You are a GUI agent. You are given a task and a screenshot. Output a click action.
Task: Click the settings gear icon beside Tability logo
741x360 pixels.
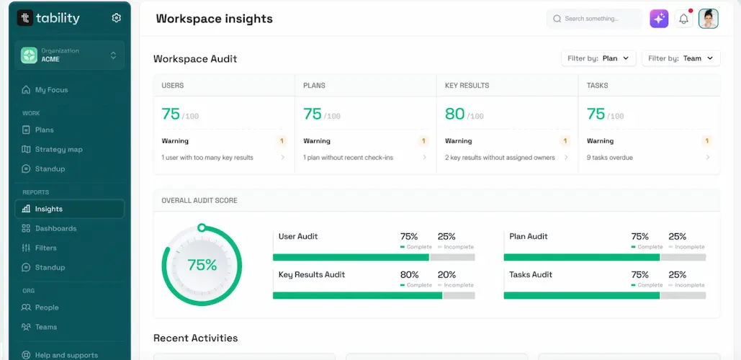[x=117, y=18]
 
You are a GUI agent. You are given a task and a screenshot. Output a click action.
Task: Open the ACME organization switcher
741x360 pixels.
[x=69, y=55]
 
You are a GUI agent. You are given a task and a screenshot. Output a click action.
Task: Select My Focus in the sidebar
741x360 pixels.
[x=51, y=90]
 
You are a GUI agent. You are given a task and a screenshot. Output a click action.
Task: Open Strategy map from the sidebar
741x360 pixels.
[x=58, y=150]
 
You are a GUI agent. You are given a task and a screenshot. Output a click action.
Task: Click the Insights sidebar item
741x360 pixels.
[x=49, y=209]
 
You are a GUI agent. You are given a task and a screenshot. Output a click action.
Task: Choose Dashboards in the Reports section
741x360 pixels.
[x=55, y=228]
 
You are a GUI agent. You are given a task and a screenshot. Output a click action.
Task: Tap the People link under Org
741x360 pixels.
[x=47, y=307]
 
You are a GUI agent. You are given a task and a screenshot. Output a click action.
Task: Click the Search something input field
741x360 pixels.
[x=594, y=19]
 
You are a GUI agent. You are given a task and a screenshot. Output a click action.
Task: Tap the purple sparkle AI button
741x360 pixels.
[x=659, y=19]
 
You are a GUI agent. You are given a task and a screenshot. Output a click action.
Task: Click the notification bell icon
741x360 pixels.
[x=683, y=19]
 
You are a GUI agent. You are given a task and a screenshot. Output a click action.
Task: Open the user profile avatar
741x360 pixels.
[x=709, y=19]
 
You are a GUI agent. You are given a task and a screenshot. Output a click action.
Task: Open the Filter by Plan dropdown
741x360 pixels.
[x=598, y=58]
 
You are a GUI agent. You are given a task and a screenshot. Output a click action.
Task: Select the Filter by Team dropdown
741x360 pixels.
[x=681, y=58]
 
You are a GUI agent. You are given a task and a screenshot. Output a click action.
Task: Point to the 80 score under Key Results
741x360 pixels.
[x=454, y=114]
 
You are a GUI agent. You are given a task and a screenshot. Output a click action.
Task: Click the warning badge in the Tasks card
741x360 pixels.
[x=707, y=141]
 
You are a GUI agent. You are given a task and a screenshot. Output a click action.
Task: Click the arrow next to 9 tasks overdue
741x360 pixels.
[x=707, y=158]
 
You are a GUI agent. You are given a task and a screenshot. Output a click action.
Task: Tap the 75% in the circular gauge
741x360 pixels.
[x=202, y=265]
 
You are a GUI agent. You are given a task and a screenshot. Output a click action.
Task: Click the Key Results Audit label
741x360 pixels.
[x=312, y=274]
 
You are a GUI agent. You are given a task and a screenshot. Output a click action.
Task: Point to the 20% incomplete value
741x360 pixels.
[x=446, y=274]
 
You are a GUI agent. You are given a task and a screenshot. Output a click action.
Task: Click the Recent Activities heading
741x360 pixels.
[x=195, y=338]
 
